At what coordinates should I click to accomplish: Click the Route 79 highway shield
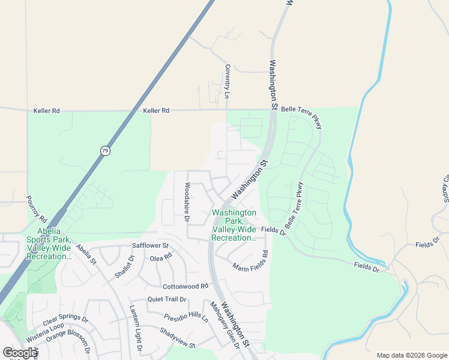[106, 151]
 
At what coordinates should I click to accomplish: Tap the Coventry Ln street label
[228, 82]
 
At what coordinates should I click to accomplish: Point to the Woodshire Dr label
[187, 202]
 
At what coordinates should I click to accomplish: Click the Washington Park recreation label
[234, 225]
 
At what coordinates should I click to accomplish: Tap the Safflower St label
[150, 246]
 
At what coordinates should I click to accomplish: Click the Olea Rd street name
[161, 257]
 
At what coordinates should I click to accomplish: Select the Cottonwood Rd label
[185, 286]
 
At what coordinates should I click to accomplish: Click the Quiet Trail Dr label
[167, 299]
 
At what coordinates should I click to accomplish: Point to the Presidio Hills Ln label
[185, 316]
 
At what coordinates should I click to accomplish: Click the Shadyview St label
[178, 338]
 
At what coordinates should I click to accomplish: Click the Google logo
[20, 353]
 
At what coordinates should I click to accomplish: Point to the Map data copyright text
[412, 355]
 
